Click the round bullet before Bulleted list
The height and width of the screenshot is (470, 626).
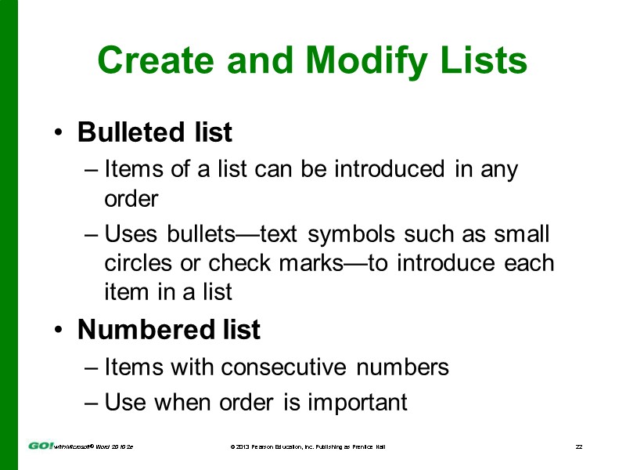point(59,134)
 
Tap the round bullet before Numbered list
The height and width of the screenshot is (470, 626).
point(59,331)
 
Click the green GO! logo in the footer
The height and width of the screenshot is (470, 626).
point(41,446)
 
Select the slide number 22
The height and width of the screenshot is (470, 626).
point(579,446)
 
